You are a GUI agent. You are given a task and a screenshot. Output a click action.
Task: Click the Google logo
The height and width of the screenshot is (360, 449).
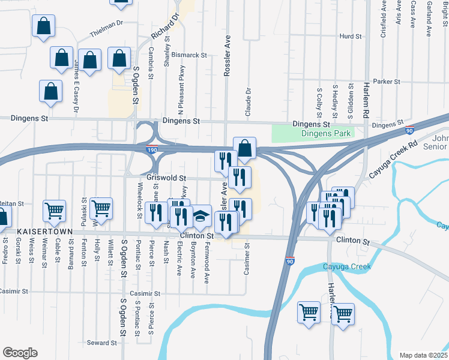(x=20, y=352)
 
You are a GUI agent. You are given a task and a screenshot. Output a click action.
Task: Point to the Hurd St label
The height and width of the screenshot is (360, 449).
(x=350, y=37)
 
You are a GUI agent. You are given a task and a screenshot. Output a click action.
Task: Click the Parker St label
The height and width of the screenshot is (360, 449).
(x=386, y=82)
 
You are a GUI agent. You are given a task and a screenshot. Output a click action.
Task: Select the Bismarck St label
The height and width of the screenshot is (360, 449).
(x=189, y=55)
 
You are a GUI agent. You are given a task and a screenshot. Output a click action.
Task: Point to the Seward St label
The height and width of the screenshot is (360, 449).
(x=101, y=343)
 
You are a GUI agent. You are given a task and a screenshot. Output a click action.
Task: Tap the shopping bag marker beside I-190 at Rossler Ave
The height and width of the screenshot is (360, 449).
(x=245, y=147)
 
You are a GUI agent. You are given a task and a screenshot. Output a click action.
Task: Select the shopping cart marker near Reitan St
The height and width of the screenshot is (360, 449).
(x=54, y=211)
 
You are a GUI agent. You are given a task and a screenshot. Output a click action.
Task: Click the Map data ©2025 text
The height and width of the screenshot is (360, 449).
(x=423, y=355)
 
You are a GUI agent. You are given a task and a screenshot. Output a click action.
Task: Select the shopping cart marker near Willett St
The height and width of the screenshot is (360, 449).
(x=101, y=208)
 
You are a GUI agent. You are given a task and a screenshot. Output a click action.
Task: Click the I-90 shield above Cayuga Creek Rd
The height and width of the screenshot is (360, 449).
(x=409, y=130)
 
